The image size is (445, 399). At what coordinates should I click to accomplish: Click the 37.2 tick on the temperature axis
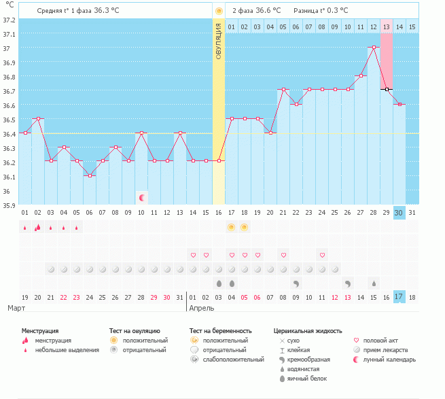10,19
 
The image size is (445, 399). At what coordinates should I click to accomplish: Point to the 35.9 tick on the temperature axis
10,205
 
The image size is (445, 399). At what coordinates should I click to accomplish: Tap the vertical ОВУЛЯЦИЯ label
219,40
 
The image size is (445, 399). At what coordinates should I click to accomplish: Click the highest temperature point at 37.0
374,48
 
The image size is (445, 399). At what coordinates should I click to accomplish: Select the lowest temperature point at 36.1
90,175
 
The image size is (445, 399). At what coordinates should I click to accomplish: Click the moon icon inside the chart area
142,198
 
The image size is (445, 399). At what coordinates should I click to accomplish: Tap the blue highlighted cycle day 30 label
399,212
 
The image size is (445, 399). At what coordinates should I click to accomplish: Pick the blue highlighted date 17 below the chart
399,296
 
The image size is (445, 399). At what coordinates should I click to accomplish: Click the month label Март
17,308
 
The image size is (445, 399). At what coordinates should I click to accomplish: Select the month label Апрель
202,308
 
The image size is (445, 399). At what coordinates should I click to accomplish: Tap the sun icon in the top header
219,11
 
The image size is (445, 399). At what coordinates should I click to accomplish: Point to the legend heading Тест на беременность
225,330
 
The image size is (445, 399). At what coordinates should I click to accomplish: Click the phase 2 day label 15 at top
412,27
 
